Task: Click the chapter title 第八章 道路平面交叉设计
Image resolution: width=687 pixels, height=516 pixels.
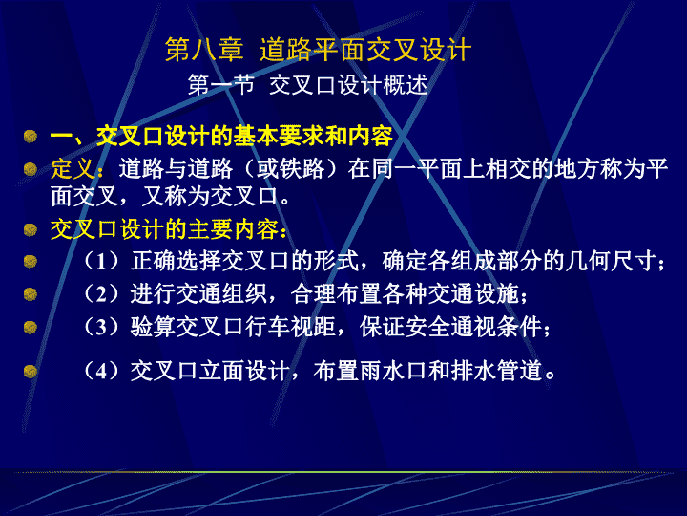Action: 318,49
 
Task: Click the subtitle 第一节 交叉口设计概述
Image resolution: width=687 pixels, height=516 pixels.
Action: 307,85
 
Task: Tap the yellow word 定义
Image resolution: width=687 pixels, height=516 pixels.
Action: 73,168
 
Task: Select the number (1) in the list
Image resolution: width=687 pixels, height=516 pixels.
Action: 101,261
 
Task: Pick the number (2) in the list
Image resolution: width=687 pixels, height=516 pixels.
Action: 101,293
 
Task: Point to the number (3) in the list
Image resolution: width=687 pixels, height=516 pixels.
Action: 101,327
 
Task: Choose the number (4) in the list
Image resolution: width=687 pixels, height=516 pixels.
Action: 101,371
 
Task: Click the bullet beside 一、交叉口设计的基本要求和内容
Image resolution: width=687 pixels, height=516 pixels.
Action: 31,136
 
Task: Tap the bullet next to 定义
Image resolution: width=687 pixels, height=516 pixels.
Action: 31,169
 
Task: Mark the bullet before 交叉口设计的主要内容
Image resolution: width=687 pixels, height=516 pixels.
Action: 31,229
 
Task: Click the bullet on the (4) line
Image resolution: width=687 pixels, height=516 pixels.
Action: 31,371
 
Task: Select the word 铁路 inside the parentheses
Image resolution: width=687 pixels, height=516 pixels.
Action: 302,169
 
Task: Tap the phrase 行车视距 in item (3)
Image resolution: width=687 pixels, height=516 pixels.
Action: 290,327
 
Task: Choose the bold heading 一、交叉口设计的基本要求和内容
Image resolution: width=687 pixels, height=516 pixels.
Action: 221,136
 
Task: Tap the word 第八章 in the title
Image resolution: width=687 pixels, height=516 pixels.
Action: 204,49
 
